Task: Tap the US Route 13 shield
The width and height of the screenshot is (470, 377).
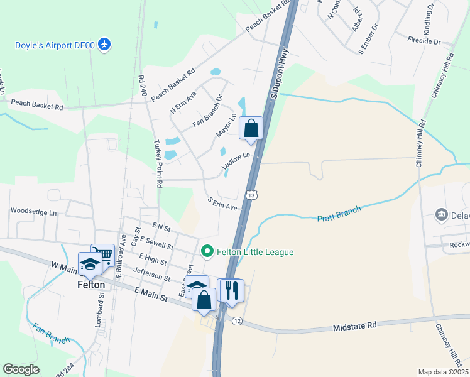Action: [251, 195]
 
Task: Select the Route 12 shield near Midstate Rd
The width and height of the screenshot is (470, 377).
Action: [236, 321]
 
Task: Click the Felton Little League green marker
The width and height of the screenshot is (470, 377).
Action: [207, 252]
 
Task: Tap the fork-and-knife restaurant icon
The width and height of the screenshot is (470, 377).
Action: [231, 291]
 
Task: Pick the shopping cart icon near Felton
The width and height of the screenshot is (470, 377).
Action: [103, 255]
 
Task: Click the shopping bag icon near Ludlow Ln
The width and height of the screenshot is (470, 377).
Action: [251, 128]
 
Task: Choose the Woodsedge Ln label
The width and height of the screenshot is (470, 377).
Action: [33, 212]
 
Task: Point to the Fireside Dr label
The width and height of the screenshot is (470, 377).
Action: [425, 41]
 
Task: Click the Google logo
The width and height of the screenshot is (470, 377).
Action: [21, 369]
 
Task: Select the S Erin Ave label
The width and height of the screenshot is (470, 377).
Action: [222, 204]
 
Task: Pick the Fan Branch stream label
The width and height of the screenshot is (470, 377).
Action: [51, 332]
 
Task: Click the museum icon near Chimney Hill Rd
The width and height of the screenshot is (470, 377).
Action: [441, 214]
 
